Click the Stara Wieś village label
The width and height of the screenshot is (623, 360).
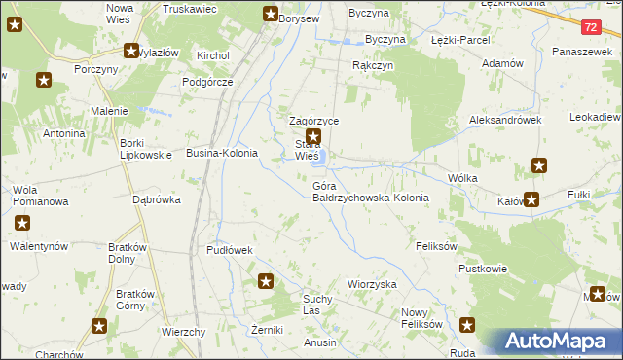click(x=307, y=150)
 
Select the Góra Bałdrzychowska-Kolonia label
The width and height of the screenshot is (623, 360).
click(x=370, y=191)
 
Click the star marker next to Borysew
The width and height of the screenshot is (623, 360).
click(x=271, y=14)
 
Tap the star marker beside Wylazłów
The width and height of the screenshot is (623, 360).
click(x=130, y=52)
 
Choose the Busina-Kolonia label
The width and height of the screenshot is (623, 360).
click(x=222, y=154)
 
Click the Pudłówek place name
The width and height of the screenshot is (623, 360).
click(x=230, y=250)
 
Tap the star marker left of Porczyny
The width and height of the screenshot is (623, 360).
click(x=44, y=80)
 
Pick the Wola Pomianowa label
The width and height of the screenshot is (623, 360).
click(x=39, y=196)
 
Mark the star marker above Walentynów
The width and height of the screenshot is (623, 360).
click(x=21, y=224)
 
